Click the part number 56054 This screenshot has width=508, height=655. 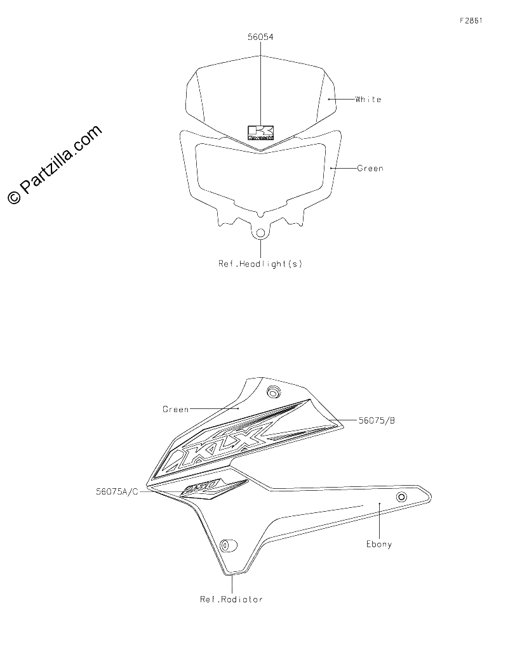(260, 37)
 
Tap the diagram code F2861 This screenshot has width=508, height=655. (471, 20)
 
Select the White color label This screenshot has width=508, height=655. (368, 100)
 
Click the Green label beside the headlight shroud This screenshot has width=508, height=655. (370, 168)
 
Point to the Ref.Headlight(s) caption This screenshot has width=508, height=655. (260, 264)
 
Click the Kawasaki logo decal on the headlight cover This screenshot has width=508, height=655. (261, 133)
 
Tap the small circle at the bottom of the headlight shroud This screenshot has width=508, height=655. (261, 233)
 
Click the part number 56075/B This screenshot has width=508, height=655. (377, 420)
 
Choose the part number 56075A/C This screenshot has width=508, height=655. (117, 491)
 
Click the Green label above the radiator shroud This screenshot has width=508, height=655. (175, 410)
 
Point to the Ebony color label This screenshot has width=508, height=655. (379, 544)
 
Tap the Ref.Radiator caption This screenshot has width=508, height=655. (231, 599)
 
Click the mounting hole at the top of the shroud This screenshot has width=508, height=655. (274, 392)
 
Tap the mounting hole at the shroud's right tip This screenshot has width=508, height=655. (402, 496)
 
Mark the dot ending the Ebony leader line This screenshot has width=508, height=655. (379, 503)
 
